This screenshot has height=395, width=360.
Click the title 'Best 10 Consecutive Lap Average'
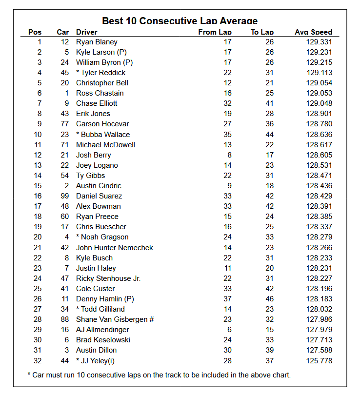click(180, 20)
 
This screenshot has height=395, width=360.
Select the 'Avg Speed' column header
click(313, 32)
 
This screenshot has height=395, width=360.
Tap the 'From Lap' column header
click(215, 32)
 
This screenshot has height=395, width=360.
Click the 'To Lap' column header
click(262, 32)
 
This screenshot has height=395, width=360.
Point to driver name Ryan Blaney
click(97, 42)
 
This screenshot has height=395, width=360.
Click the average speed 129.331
click(319, 42)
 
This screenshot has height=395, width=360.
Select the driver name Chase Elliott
click(97, 103)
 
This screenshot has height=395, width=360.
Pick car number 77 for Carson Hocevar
click(64, 124)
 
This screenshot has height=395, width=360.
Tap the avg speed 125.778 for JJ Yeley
click(319, 360)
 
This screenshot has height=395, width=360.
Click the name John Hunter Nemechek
click(115, 248)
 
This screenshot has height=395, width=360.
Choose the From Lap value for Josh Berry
click(229, 155)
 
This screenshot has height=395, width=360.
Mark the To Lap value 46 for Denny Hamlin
click(269, 299)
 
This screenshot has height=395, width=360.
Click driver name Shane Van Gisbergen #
click(115, 319)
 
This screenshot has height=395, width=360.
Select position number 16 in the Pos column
click(38, 196)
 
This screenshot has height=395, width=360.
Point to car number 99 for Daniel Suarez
click(64, 196)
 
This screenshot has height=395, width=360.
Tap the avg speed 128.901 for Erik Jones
click(319, 114)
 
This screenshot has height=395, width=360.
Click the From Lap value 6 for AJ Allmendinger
click(229, 330)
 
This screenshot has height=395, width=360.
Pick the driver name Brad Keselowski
click(103, 340)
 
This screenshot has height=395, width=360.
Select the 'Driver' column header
click(86, 32)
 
